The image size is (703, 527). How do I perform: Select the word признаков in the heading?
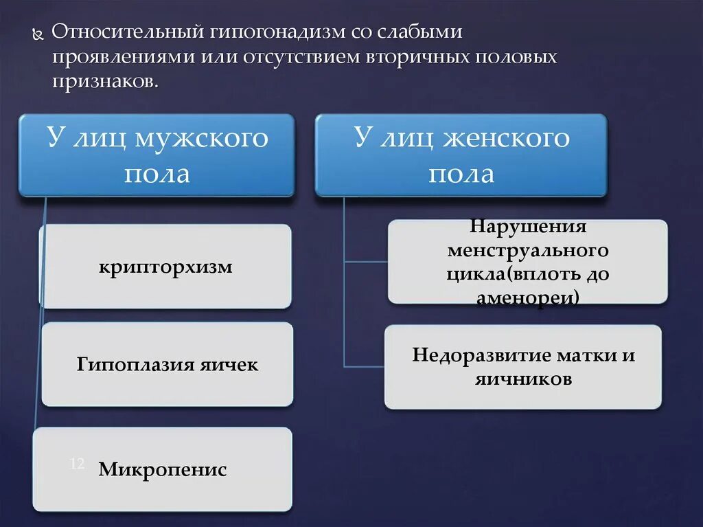pyautogui.click(x=103, y=82)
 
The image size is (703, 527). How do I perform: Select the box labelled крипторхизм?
pyautogui.click(x=165, y=267)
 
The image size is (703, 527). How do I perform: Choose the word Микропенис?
pyautogui.click(x=162, y=470)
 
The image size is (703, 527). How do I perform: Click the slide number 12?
pyautogui.click(x=76, y=465)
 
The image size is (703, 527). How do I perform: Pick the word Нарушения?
pyautogui.click(x=528, y=226)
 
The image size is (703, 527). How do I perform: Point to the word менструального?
pyautogui.click(x=528, y=250)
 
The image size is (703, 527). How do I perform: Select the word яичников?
pyautogui.click(x=523, y=379)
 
